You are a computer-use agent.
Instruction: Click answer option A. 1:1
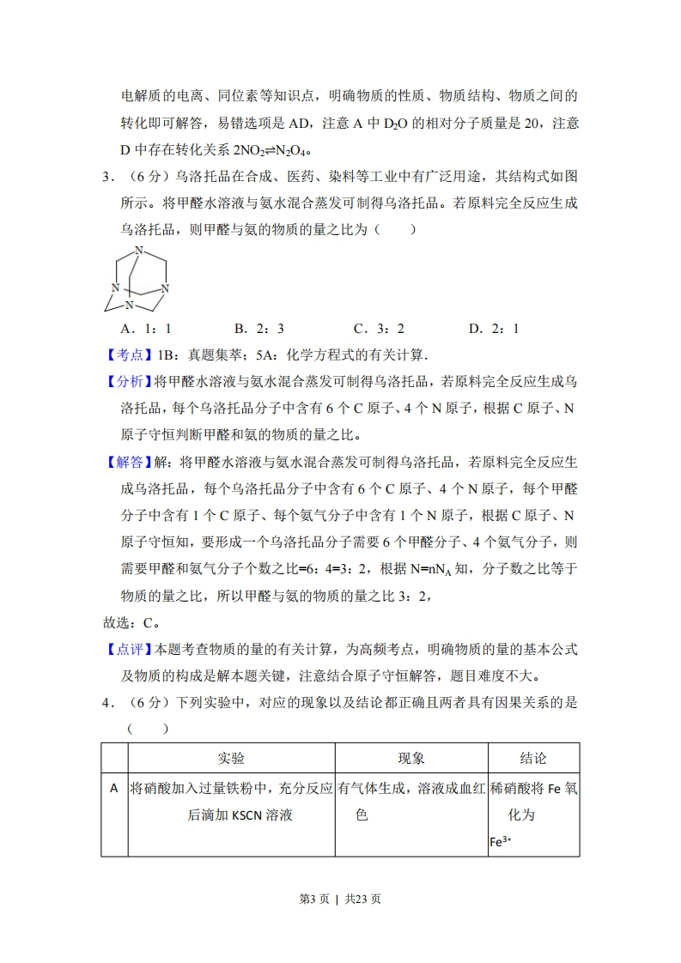tap(147, 328)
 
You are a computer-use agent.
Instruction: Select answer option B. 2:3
tap(258, 328)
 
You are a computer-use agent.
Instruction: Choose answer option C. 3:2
tap(379, 328)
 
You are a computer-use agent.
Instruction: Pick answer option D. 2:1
tap(493, 328)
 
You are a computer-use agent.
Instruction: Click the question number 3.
tap(106, 177)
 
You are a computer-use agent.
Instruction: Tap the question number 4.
tap(106, 703)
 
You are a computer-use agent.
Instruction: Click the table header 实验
tap(231, 758)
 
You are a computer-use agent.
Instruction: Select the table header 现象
tap(411, 758)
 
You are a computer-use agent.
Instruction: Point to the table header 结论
tap(533, 758)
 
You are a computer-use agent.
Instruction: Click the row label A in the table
tap(114, 787)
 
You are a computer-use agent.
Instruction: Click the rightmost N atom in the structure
tap(166, 288)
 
